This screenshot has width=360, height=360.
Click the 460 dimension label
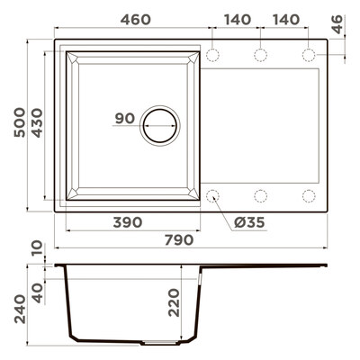click(136, 20)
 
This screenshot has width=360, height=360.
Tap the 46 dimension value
click(337, 24)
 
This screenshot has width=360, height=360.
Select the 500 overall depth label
click(20, 122)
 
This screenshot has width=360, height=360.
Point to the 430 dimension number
click(38, 122)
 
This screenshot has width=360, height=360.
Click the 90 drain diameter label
click(125, 119)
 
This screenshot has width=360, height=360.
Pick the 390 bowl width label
click(128, 222)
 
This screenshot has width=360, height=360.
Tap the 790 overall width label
click(179, 240)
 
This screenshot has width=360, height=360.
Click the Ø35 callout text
click(249, 222)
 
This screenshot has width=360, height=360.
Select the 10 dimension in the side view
click(38, 248)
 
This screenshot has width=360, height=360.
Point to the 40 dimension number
click(38, 293)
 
